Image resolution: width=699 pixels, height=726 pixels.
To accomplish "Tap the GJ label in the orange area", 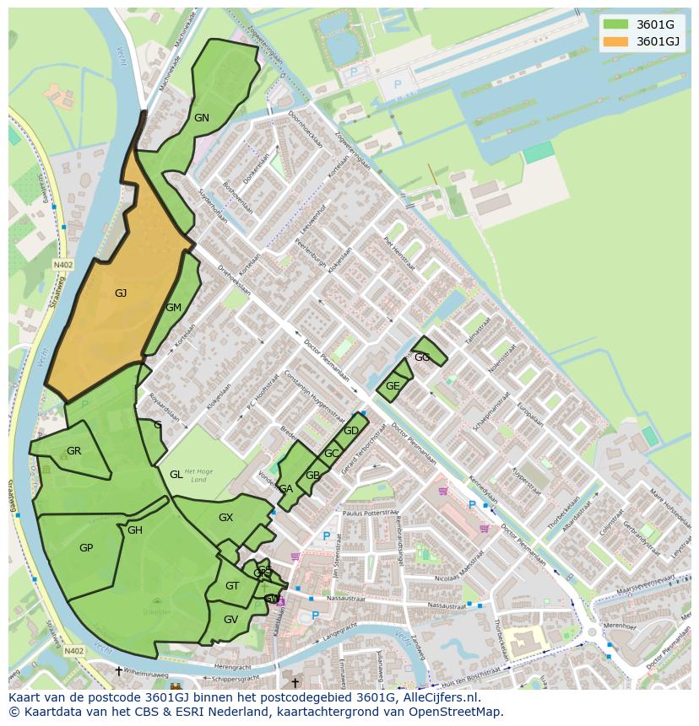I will coord(121,293).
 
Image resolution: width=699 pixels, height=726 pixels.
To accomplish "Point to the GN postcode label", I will coord(201,118).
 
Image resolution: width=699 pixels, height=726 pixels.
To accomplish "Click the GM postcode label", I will coord(173,308).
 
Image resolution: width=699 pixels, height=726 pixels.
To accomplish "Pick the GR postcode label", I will coord(73,451).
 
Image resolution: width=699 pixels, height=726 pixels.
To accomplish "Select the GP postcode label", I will coord(86,547).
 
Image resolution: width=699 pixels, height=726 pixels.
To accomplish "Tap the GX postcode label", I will coord(225,518).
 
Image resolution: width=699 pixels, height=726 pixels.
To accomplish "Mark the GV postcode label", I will coord(230,619).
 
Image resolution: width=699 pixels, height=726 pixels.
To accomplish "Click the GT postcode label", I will coord(232,586).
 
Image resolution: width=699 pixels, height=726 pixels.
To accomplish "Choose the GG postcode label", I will coord(422,358).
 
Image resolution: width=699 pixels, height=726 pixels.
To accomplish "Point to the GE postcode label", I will coord(393,386).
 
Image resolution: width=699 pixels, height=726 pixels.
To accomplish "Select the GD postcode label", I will coord(351,431).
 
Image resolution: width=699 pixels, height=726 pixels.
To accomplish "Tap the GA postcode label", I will coord(286,489).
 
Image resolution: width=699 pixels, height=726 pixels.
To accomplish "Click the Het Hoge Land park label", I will coord(195,476).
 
